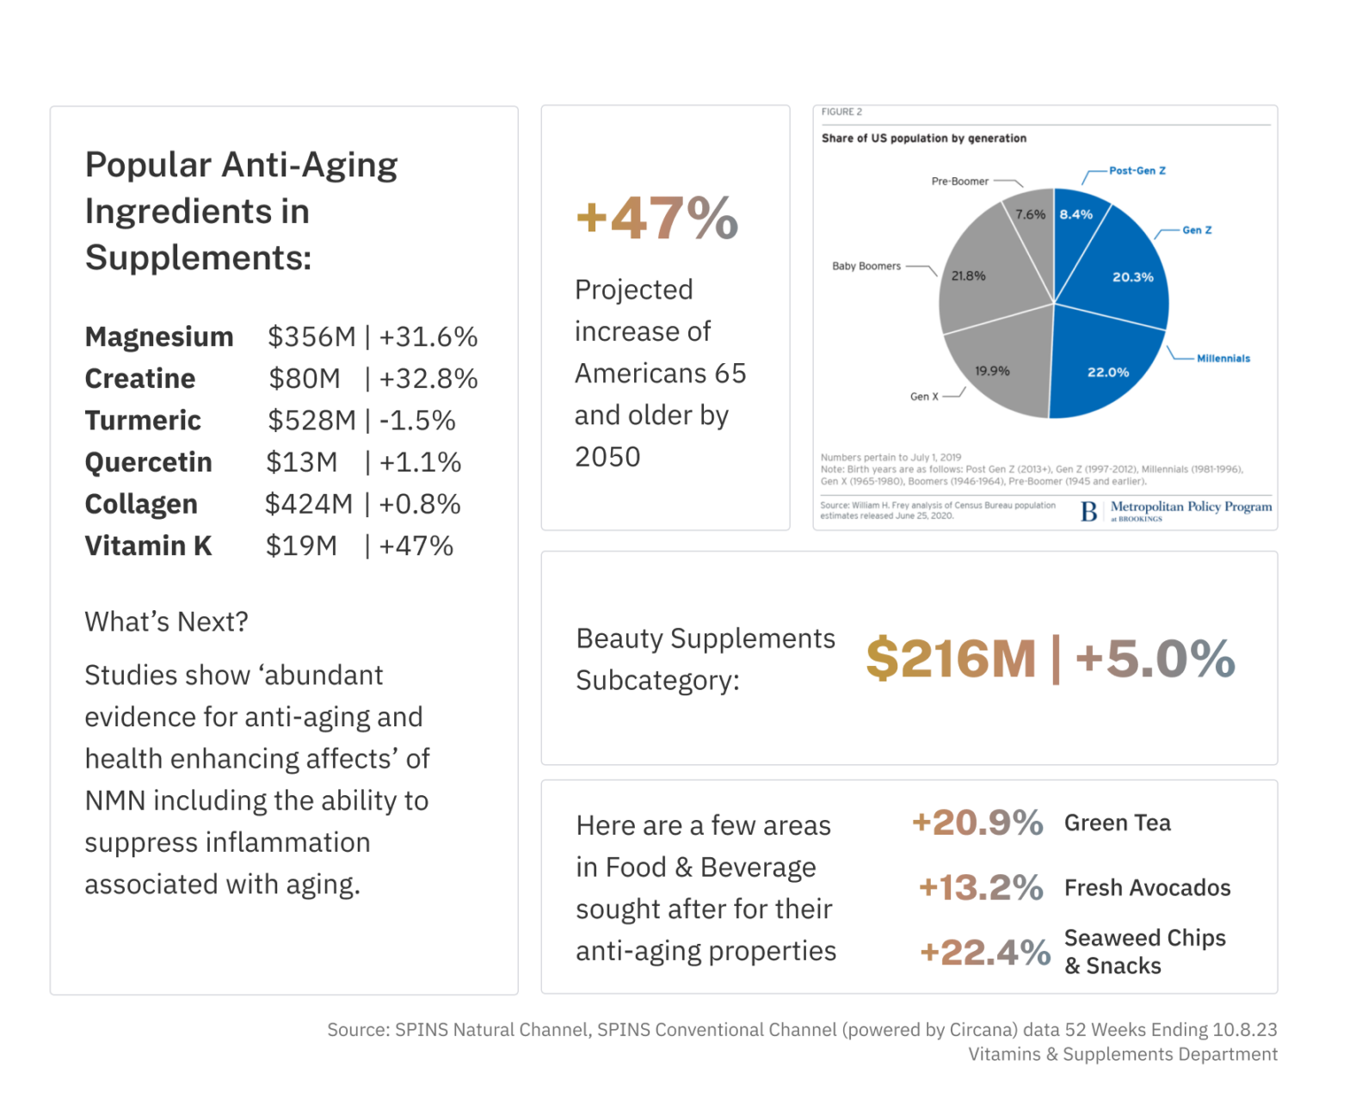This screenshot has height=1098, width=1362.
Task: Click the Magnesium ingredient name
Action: [159, 336]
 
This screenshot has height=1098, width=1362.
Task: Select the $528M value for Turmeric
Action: [312, 421]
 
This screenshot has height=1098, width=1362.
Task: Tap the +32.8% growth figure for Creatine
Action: [428, 379]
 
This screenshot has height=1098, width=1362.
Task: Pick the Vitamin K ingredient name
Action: [148, 546]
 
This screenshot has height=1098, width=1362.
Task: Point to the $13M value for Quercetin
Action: [302, 462]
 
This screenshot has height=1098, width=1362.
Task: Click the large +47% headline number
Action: [657, 218]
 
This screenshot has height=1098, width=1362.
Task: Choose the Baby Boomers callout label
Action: [866, 266]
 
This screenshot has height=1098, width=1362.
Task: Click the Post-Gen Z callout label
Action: [1137, 170]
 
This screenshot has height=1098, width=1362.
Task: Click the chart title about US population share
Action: [924, 138]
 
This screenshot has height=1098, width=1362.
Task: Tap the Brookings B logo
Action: [1088, 511]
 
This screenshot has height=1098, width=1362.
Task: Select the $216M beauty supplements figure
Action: [951, 658]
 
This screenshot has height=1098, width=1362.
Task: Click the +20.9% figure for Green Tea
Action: [977, 823]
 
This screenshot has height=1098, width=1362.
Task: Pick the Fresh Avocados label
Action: [1148, 888]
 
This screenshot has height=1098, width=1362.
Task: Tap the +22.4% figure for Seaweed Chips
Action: [985, 952]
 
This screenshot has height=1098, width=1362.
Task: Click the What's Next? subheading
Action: [166, 622]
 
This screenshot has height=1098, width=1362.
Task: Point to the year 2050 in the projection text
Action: [607, 457]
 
